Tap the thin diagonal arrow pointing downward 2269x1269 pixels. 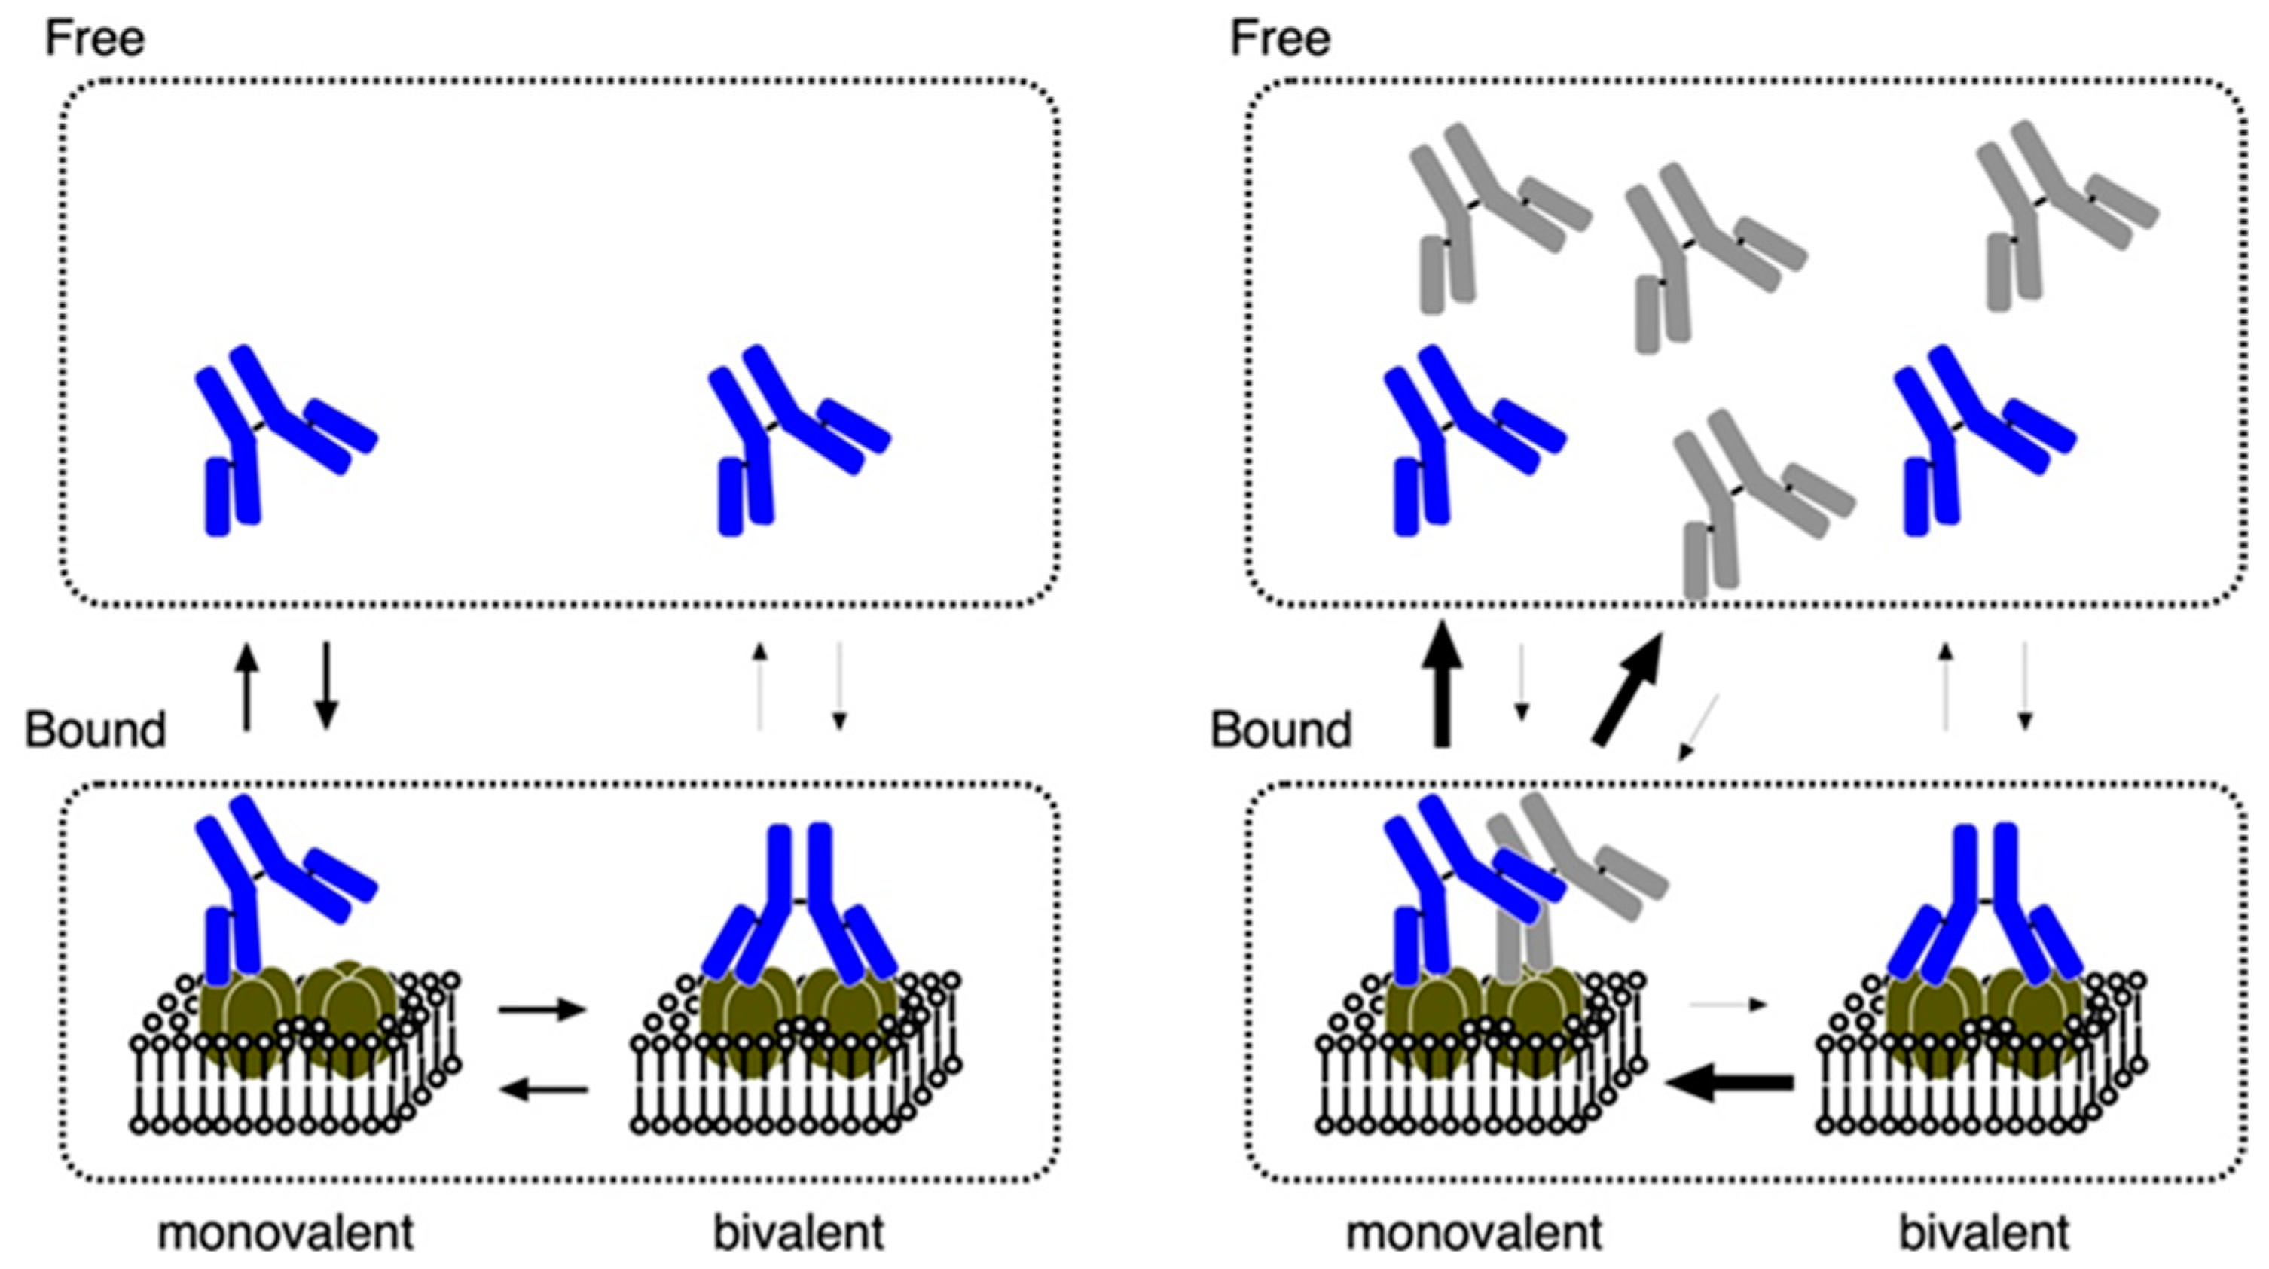coord(1697,727)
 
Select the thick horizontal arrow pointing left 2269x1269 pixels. coord(1728,1081)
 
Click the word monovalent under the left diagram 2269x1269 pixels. coord(286,1232)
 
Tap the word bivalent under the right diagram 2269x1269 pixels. coord(1983,1232)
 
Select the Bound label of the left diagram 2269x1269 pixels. coord(95,730)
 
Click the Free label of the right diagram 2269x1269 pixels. coord(1280,38)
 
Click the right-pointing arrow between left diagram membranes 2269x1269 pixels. coord(542,1009)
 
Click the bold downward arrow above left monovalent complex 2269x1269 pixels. coord(326,685)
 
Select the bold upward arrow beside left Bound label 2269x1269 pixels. coord(248,685)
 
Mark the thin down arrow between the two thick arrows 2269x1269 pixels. coord(1521,682)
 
